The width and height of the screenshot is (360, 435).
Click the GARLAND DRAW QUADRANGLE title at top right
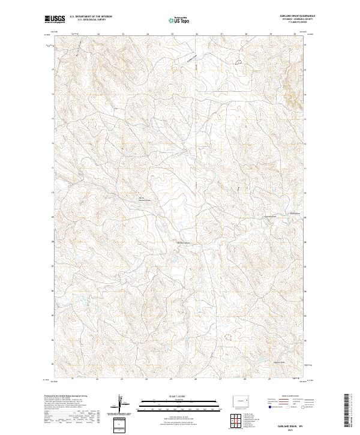click(297, 16)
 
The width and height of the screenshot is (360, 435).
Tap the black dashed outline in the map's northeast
click(239, 61)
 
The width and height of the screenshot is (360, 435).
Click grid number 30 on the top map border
click(294, 34)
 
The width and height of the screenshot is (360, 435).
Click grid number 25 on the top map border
click(172, 34)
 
